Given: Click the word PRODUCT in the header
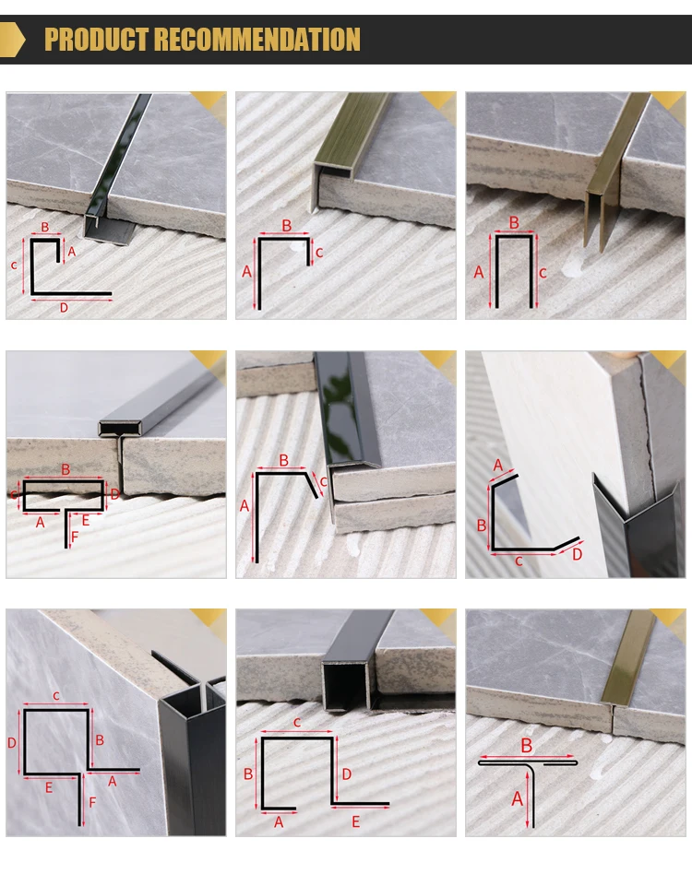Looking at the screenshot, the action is (97, 40).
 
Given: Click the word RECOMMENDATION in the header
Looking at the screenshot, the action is (257, 40).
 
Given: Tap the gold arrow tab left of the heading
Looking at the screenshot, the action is (12, 40).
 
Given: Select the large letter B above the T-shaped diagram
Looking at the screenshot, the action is (526, 745).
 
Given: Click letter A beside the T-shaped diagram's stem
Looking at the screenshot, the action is (517, 798).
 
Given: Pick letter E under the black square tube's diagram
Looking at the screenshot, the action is (356, 821).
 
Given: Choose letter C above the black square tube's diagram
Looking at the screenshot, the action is (297, 723).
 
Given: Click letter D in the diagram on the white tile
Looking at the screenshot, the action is (578, 553).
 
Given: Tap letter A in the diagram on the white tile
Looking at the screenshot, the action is (498, 465).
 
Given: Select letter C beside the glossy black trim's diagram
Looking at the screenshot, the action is (324, 481).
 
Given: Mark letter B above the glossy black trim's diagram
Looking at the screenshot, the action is (284, 460).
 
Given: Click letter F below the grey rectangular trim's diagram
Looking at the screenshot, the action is (75, 537).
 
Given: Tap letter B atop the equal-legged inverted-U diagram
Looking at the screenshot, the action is (514, 222).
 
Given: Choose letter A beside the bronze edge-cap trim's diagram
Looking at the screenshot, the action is (246, 271).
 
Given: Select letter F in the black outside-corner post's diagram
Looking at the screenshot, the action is (92, 802).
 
